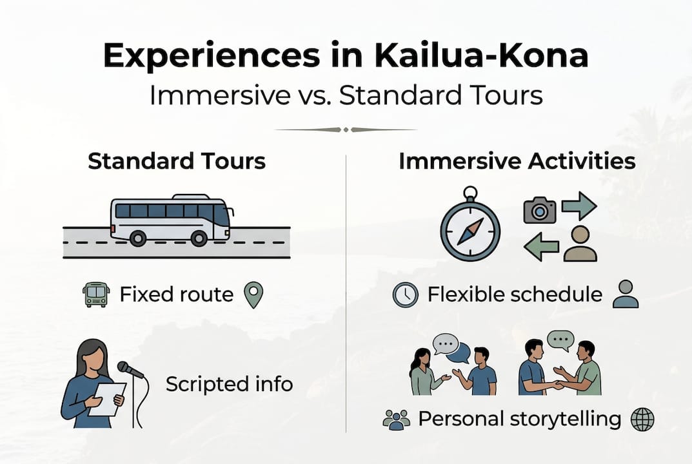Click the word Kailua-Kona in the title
(480, 57)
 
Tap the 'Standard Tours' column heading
(177, 160)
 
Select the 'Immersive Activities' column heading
(517, 160)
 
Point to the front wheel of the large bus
(199, 238)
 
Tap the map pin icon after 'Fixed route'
(253, 295)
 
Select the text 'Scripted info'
(229, 384)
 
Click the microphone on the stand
(130, 370)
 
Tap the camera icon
(540, 210)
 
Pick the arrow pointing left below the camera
(541, 247)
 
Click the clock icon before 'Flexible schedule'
(405, 295)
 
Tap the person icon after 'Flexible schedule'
(624, 294)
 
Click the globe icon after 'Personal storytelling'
(642, 420)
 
